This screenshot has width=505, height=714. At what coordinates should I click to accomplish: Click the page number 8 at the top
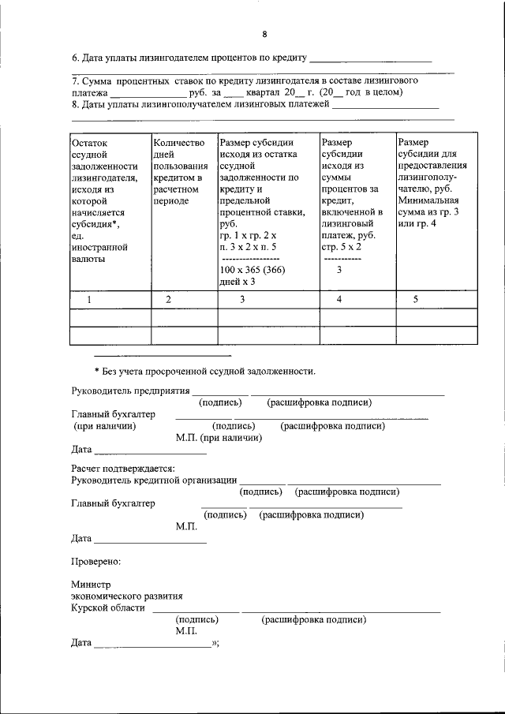pyautogui.click(x=264, y=34)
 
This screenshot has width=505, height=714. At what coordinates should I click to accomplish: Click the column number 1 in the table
pyautogui.click(x=89, y=299)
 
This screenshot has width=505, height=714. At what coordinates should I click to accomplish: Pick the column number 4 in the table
pyautogui.click(x=339, y=299)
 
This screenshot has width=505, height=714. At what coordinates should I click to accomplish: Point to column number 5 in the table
pyautogui.click(x=415, y=299)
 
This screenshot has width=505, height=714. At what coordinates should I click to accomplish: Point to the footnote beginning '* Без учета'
pyautogui.click(x=204, y=371)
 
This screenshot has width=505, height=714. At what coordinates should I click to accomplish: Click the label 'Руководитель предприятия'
pyautogui.click(x=130, y=391)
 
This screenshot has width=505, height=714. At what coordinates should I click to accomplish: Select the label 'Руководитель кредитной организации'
pyautogui.click(x=154, y=480)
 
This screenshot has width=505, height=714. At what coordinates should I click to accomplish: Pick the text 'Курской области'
pyautogui.click(x=108, y=607)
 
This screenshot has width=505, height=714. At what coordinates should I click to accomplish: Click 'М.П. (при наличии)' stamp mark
pyautogui.click(x=218, y=437)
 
